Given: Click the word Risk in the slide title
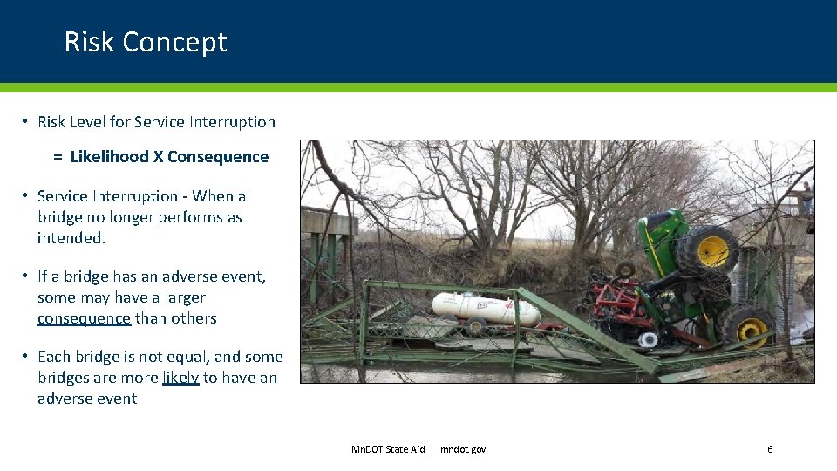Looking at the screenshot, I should pos(89,42).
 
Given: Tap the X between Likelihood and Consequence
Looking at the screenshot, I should pos(158,157).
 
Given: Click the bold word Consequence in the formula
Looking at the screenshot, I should pos(218,157).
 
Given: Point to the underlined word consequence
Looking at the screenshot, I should pos(84,318).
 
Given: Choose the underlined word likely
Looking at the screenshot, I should pos(180,378).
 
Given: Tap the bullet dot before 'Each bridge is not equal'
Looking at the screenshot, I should pos(27,357).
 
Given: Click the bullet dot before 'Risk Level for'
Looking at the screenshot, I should pos(27,122).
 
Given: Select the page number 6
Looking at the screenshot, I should pos(770,449).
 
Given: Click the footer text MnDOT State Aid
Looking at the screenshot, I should pos(387,449).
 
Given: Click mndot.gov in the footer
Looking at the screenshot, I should pos(463,449).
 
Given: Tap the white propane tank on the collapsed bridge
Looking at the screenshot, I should pos(484,307).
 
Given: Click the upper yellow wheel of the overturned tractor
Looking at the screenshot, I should pos(711,249).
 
